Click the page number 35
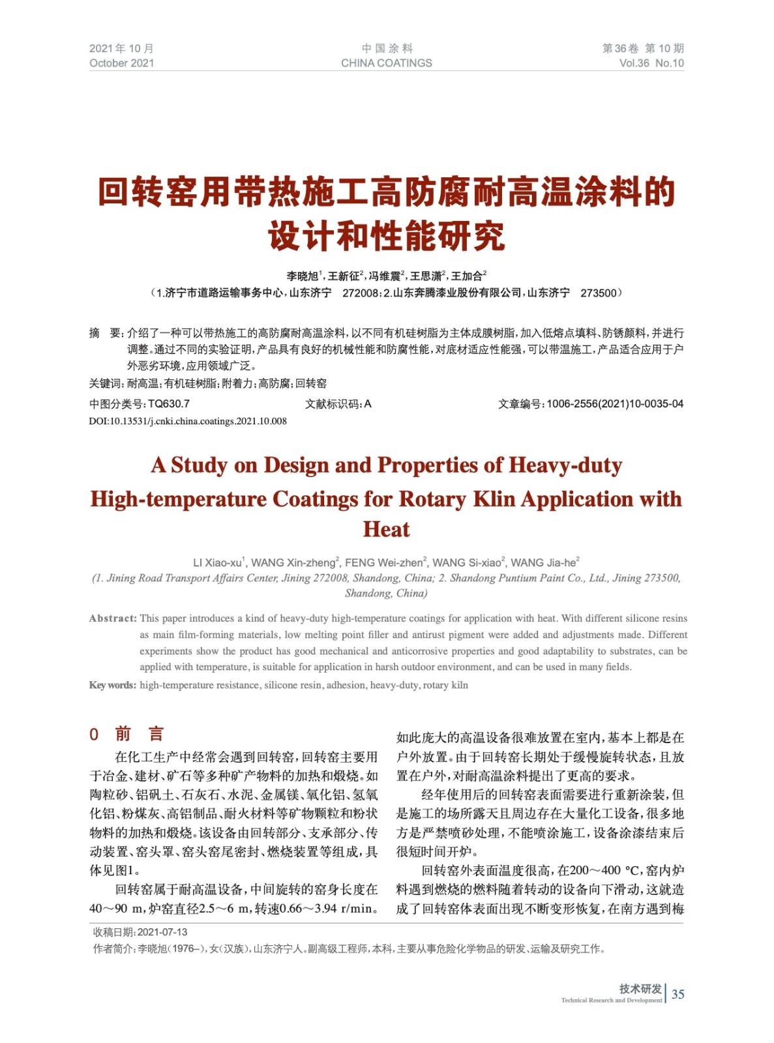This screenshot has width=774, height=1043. (x=677, y=993)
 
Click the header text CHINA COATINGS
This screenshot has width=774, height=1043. (x=386, y=63)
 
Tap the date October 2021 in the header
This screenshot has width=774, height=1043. (x=122, y=63)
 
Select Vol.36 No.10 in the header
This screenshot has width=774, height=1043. (x=651, y=63)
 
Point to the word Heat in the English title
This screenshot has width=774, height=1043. (x=386, y=529)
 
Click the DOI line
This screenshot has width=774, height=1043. (x=188, y=421)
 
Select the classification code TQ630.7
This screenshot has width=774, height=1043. (x=169, y=404)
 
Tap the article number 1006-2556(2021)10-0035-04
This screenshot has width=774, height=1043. (x=614, y=404)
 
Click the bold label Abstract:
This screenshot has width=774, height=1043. (x=113, y=618)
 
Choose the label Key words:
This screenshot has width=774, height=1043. (x=113, y=684)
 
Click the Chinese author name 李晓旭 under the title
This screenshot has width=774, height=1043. (x=302, y=276)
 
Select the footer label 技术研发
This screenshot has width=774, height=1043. (x=640, y=988)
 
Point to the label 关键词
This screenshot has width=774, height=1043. (x=105, y=383)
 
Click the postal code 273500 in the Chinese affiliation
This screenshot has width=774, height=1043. (x=598, y=293)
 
